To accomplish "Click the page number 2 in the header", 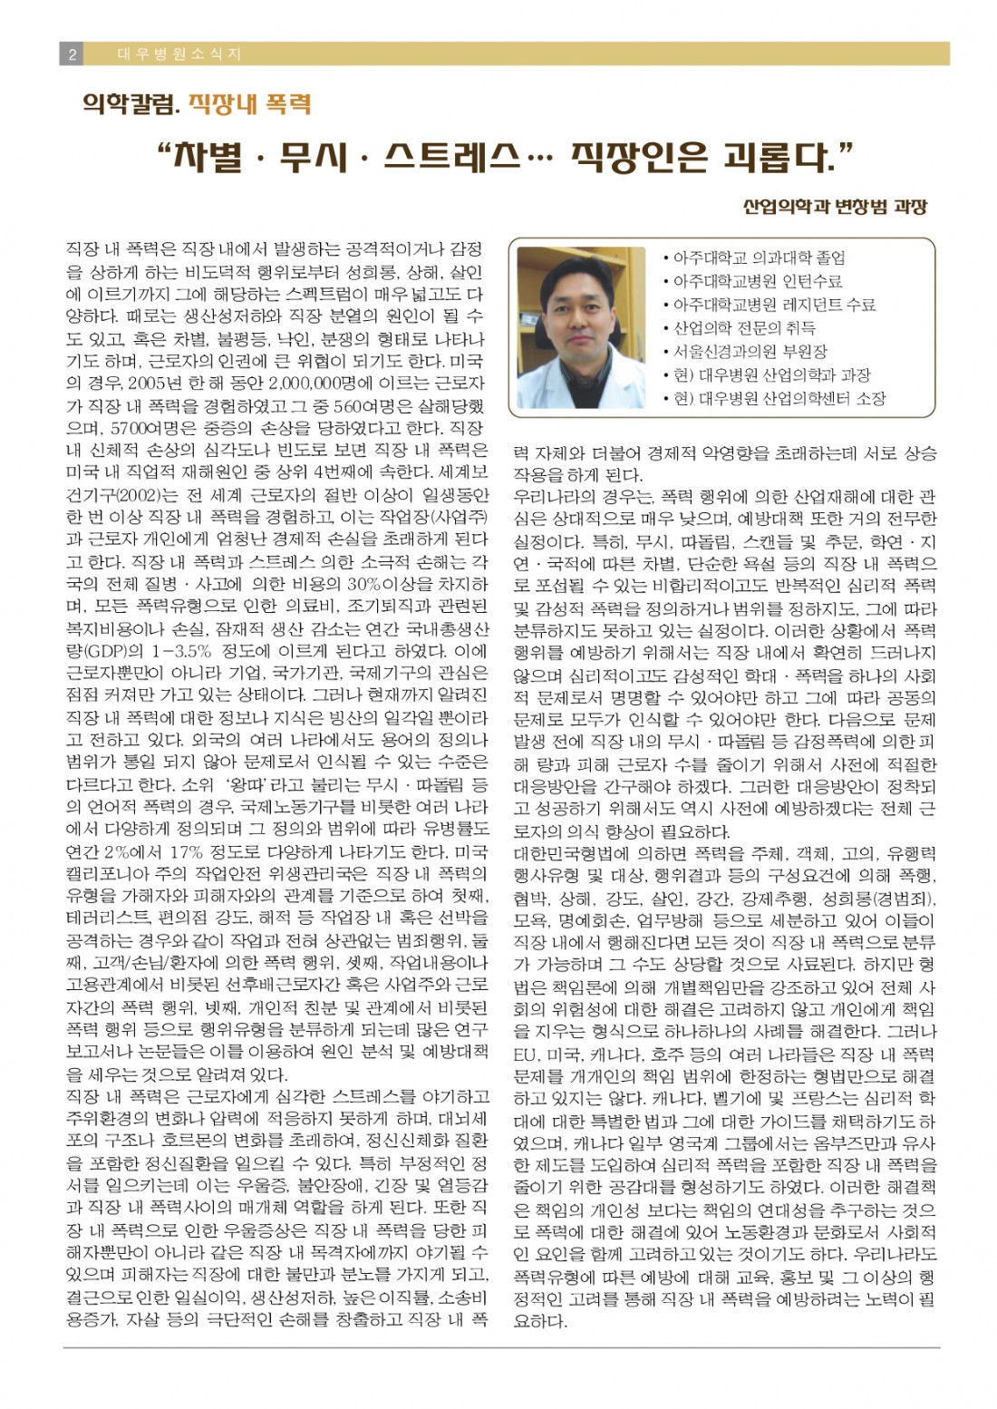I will [71, 53].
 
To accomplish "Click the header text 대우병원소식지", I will [179, 53].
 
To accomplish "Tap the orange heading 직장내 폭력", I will [249, 104].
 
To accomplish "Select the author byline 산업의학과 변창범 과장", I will [834, 206].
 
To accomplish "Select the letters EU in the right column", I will [526, 1054].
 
